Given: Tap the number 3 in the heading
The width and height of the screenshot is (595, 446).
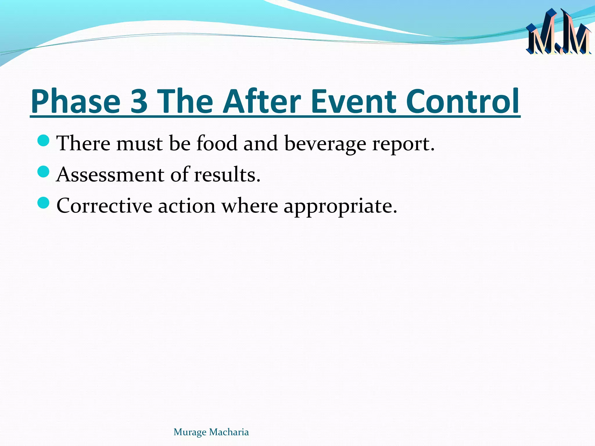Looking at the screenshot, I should pyautogui.click(x=139, y=102).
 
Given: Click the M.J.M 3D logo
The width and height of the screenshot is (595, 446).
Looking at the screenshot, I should pyautogui.click(x=558, y=33).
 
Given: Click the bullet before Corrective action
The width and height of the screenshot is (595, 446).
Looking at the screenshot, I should pyautogui.click(x=44, y=203).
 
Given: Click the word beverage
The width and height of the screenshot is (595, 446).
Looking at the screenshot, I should pyautogui.click(x=325, y=144).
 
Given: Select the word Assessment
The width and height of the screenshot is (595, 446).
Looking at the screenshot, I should pyautogui.click(x=110, y=175).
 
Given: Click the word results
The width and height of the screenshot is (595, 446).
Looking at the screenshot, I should pyautogui.click(x=227, y=175).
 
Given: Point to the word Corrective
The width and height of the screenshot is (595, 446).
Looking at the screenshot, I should pyautogui.click(x=104, y=206).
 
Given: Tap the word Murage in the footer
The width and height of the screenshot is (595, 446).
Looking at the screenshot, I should pyautogui.click(x=190, y=432).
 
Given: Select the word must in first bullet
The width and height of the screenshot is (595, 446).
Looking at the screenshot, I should pyautogui.click(x=139, y=144).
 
